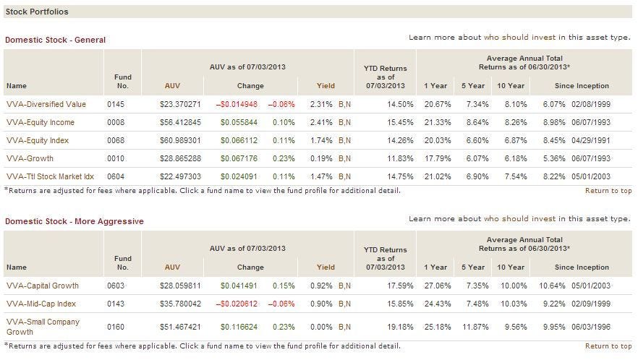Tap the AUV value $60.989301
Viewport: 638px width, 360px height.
click(x=180, y=140)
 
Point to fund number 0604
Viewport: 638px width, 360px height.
click(x=116, y=176)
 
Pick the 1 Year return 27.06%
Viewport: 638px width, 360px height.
click(x=435, y=286)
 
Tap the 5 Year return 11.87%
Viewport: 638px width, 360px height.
click(x=473, y=326)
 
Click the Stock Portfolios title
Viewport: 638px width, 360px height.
click(x=37, y=12)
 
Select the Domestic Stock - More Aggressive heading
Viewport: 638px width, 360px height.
click(x=74, y=221)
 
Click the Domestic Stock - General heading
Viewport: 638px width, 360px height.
click(x=55, y=40)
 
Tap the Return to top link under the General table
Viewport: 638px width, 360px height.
click(x=608, y=191)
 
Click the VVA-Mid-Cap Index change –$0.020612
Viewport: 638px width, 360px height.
click(x=239, y=304)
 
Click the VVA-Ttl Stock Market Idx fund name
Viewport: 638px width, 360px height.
click(x=50, y=176)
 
